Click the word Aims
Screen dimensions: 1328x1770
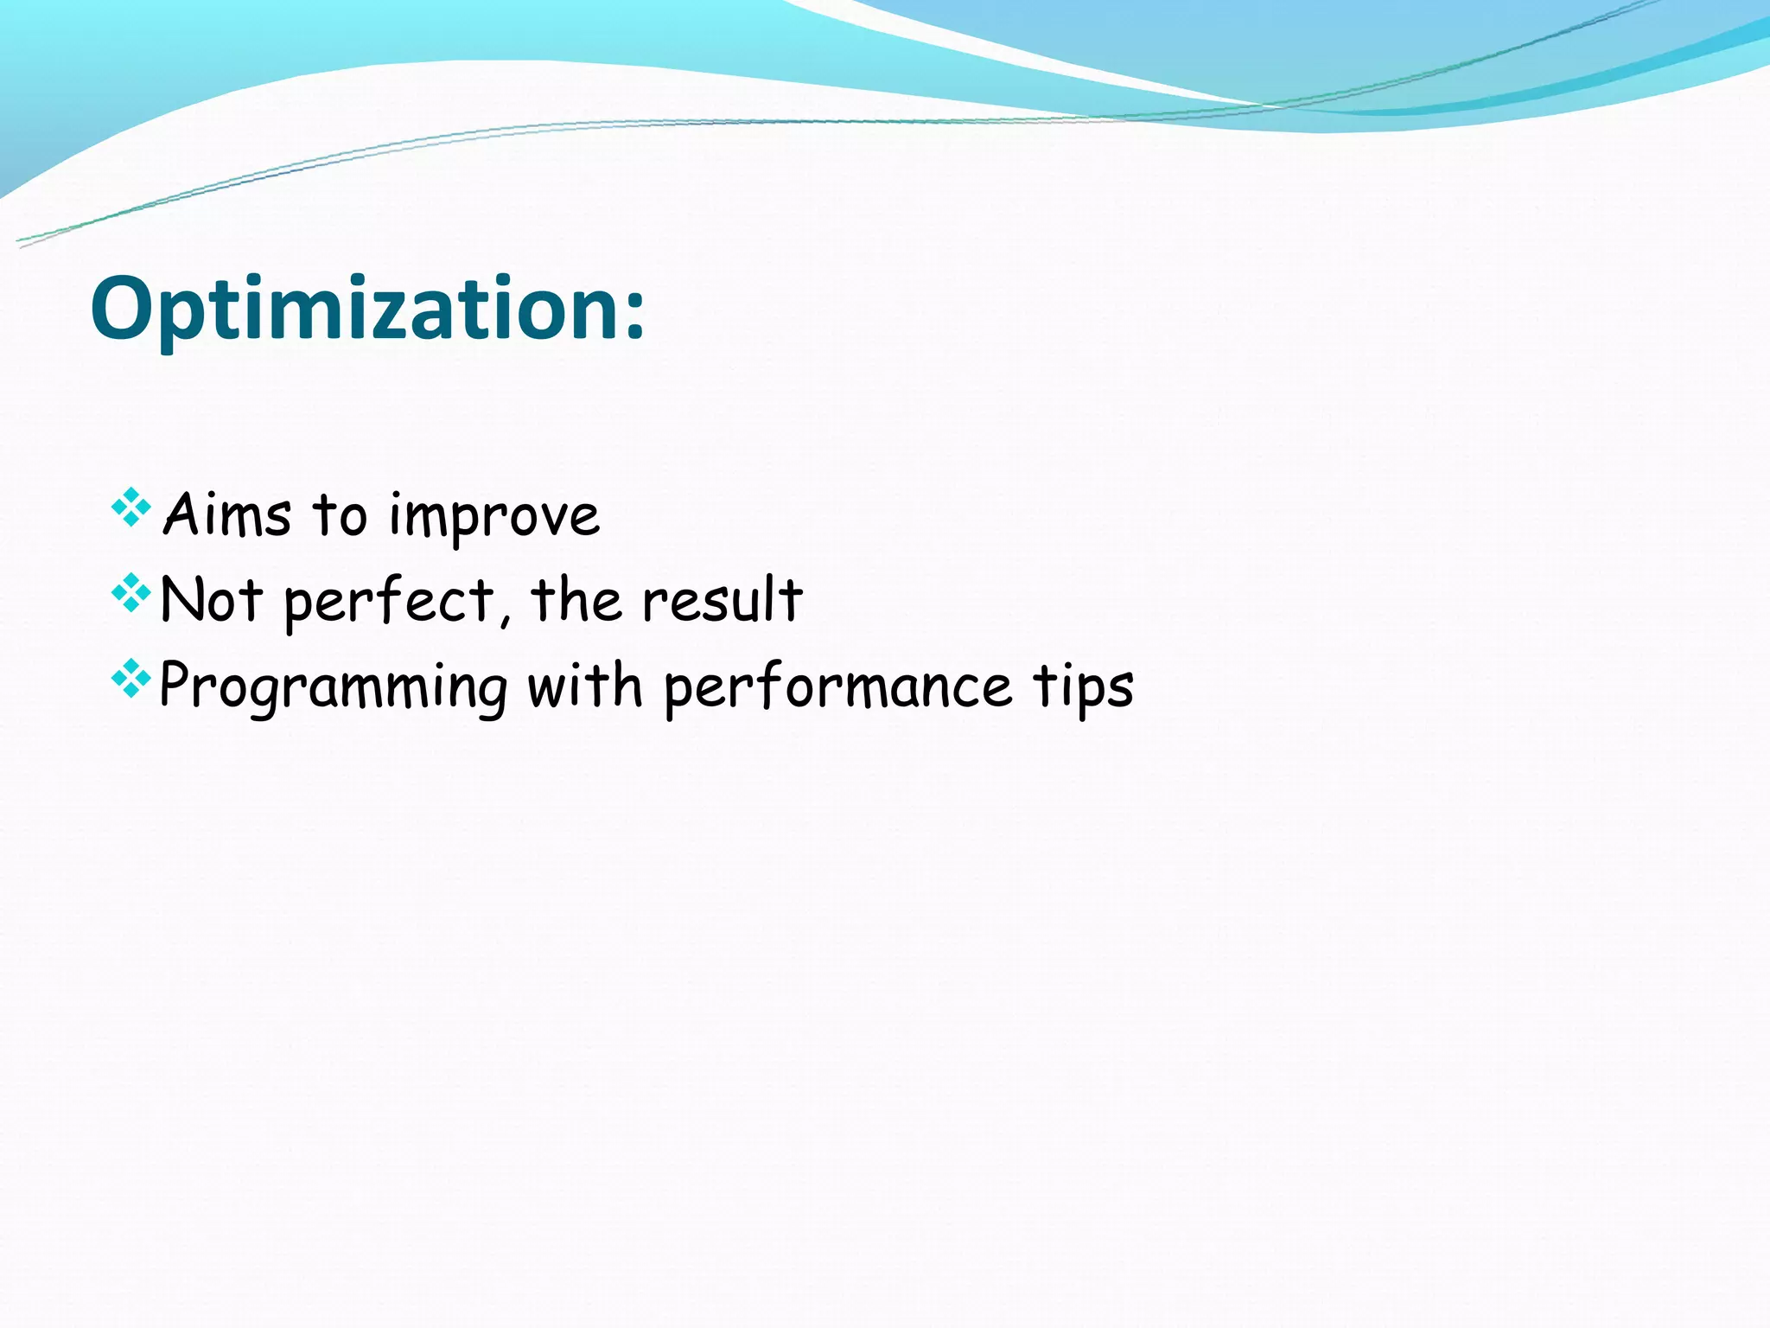tap(226, 515)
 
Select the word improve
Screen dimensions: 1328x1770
tap(494, 517)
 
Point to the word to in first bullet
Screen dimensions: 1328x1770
tap(340, 515)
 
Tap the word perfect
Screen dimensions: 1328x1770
tap(390, 601)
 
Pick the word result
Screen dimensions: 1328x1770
tap(723, 599)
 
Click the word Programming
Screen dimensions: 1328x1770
tap(334, 687)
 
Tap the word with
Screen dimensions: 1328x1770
tap(585, 686)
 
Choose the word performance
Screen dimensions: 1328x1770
tap(837, 687)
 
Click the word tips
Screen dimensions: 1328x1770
tap(1083, 687)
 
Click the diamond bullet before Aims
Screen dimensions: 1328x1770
tap(131, 508)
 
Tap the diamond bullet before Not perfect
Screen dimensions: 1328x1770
tap(131, 593)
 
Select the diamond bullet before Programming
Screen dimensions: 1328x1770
tap(131, 679)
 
